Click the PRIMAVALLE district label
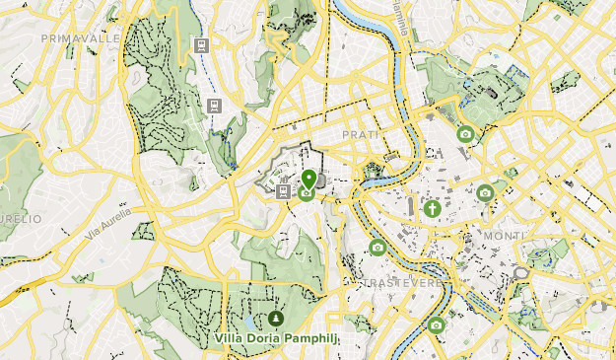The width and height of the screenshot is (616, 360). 82,37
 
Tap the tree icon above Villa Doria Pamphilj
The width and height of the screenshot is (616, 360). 275,319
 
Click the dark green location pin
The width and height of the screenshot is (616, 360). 308,179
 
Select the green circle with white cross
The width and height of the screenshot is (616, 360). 432,208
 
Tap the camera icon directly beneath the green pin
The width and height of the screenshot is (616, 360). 307,193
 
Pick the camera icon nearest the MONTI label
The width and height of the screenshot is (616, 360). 485,193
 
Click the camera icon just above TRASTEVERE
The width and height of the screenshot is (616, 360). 376,248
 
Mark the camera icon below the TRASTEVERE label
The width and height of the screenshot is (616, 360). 436,324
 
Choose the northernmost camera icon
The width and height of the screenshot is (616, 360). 464,134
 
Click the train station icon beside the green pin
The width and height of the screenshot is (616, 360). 284,192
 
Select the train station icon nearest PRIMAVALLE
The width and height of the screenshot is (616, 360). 201,45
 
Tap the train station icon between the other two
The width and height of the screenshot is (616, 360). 213,106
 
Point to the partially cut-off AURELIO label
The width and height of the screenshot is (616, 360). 21,218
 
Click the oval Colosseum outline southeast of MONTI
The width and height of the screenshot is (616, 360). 521,272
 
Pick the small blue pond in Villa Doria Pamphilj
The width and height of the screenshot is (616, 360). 256,322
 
